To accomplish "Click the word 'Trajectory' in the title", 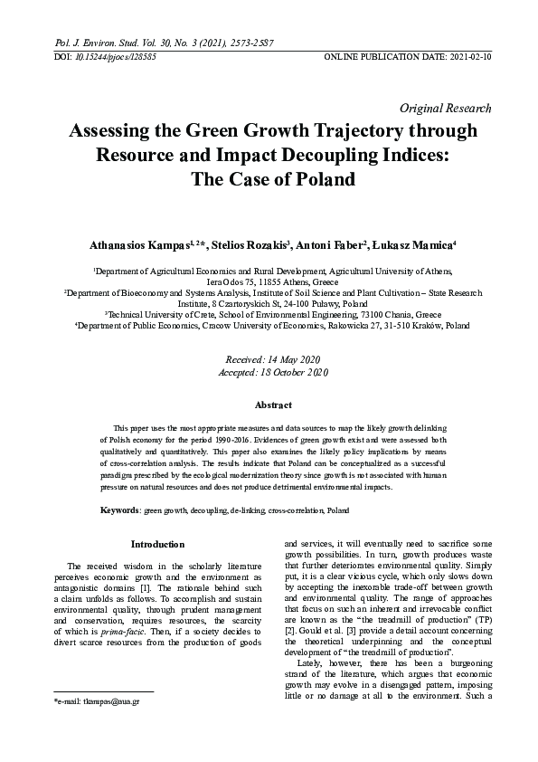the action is coord(345,131).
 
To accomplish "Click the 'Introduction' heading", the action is coord(158,544).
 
